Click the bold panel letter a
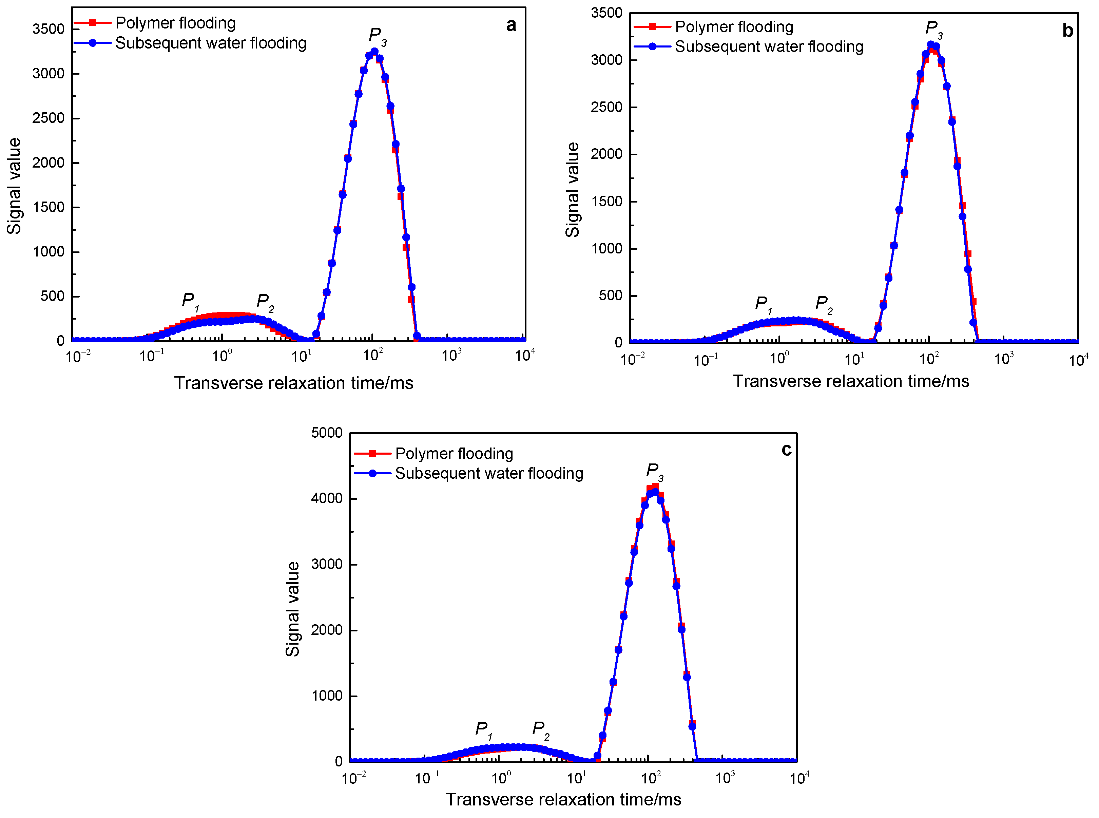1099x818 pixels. click(x=511, y=25)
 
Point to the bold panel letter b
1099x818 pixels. click(x=1068, y=31)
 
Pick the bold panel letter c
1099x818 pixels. click(x=786, y=449)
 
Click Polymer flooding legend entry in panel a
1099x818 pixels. click(x=175, y=23)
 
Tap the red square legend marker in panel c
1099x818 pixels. click(x=373, y=454)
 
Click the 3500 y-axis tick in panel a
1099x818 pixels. click(x=48, y=29)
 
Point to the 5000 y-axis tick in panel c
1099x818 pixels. click(x=327, y=433)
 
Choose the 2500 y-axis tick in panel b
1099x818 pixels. click(x=606, y=107)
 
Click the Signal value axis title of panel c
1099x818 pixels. click(x=293, y=609)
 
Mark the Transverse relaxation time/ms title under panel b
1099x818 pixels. click(x=850, y=381)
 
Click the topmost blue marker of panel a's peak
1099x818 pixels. click(x=374, y=52)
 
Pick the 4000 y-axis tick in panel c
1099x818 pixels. click(x=327, y=499)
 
